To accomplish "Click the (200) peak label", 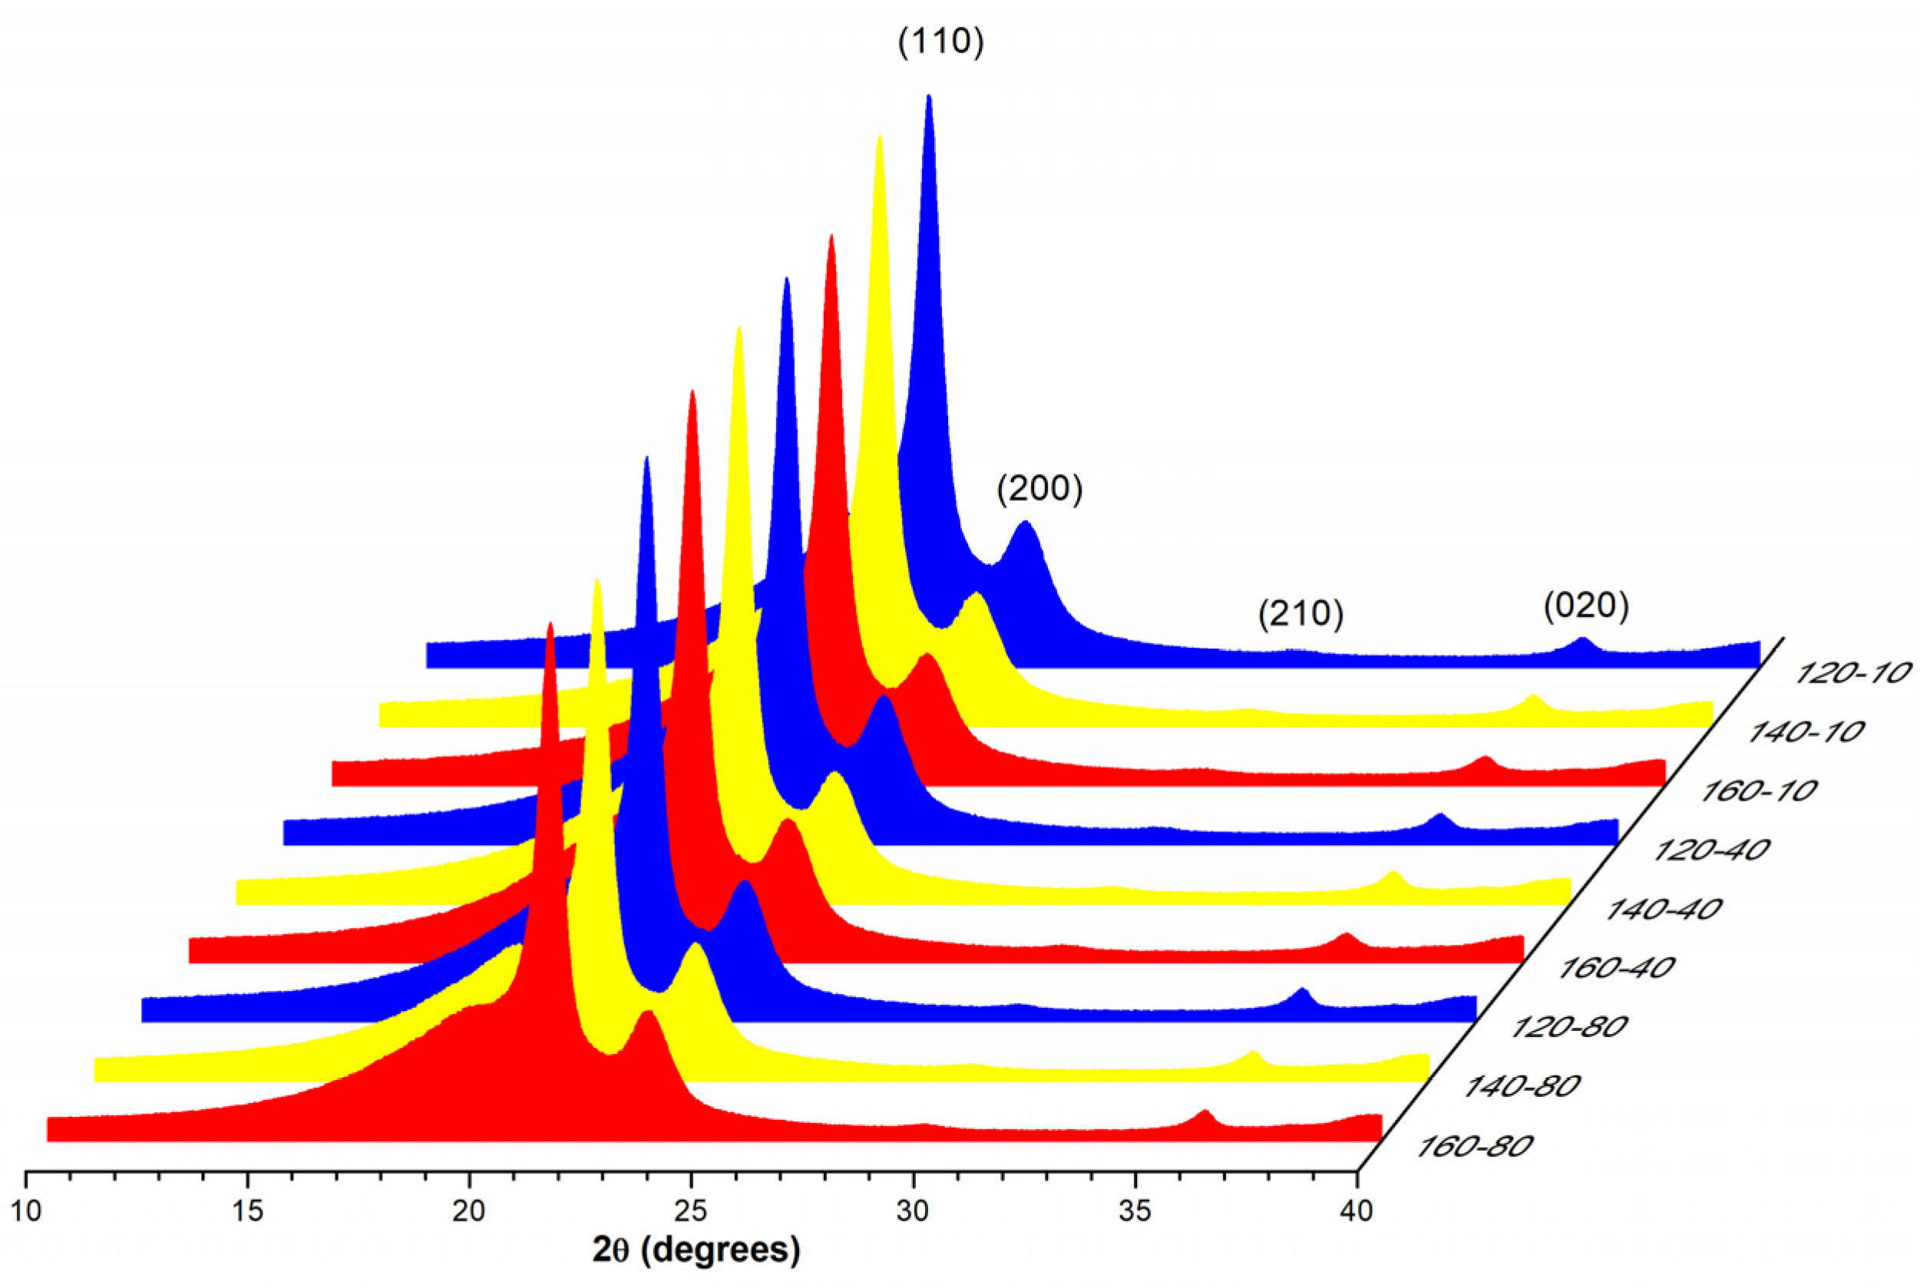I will pyautogui.click(x=1039, y=489).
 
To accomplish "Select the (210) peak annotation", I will pyautogui.click(x=1300, y=613).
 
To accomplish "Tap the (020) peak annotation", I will pyautogui.click(x=1585, y=606).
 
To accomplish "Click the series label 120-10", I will pyautogui.click(x=1852, y=674).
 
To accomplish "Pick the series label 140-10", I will pyautogui.click(x=1805, y=732).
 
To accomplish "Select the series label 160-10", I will pyautogui.click(x=1758, y=791).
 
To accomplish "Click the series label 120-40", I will pyautogui.click(x=1710, y=850).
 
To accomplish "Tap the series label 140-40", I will pyautogui.click(x=1664, y=910).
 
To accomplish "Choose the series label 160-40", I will pyautogui.click(x=1616, y=968).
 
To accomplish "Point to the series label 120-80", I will pyautogui.click(x=1569, y=1027).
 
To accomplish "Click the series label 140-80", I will pyautogui.click(x=1522, y=1087).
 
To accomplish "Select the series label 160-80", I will pyautogui.click(x=1475, y=1146).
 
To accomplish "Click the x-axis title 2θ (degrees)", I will pyautogui.click(x=696, y=1250).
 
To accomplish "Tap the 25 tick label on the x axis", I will pyautogui.click(x=691, y=1211).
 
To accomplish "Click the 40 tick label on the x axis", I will pyautogui.click(x=1356, y=1211).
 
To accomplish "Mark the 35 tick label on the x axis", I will pyautogui.click(x=1135, y=1211).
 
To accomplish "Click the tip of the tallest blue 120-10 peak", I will pyautogui.click(x=929, y=96).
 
